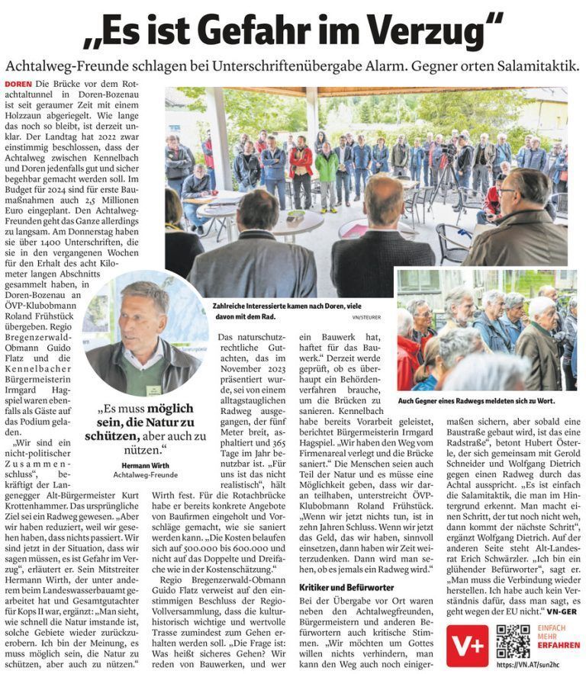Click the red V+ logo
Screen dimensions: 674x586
[465, 642]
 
